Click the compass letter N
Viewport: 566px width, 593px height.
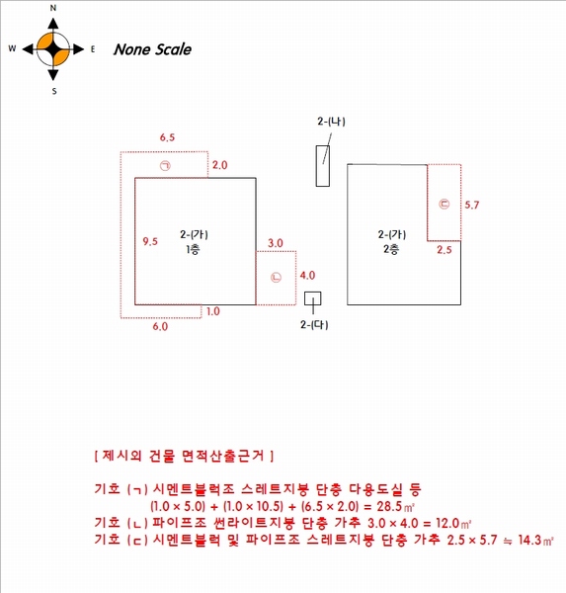point(53,8)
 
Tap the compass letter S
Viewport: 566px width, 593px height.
point(54,91)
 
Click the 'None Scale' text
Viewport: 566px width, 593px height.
point(152,49)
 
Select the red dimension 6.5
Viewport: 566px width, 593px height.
point(167,137)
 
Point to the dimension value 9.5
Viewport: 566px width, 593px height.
point(150,241)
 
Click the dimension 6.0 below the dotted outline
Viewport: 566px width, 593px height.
point(160,326)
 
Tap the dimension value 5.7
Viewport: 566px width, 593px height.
point(472,205)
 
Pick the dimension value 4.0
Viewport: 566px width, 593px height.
point(307,276)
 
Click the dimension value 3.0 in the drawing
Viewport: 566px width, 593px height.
point(276,243)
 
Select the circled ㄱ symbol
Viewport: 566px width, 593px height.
point(165,166)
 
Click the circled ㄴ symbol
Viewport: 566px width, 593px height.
point(276,277)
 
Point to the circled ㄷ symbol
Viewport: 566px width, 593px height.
point(445,204)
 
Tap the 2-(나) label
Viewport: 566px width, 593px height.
point(331,122)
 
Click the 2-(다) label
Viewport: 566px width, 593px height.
point(314,325)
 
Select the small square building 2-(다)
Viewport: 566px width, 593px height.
point(313,298)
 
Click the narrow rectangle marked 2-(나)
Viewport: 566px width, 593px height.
point(323,166)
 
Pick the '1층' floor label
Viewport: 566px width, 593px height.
point(193,250)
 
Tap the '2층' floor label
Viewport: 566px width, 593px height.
point(391,250)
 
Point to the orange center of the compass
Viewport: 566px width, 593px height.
point(53,49)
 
